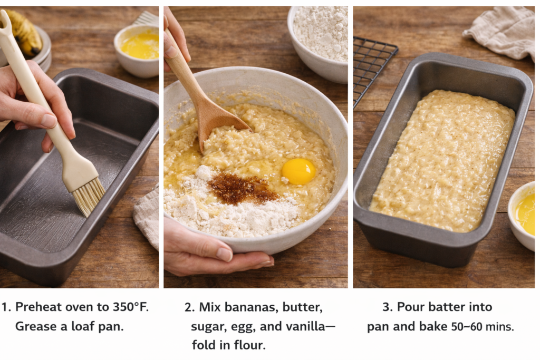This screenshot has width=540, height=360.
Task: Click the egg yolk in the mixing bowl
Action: coord(298,171)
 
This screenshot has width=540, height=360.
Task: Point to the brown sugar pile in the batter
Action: coord(242,188)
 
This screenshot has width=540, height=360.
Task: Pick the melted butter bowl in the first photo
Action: coord(137,50)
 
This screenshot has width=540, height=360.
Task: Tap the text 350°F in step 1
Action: coord(131,307)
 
